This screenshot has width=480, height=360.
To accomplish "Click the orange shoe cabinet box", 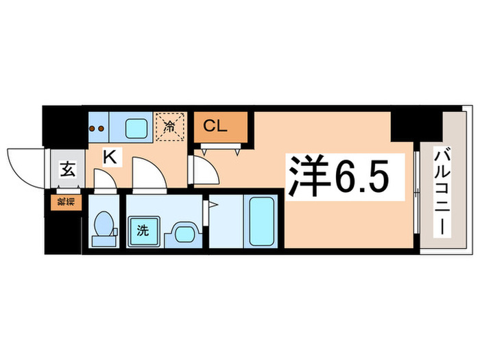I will click(x=60, y=202).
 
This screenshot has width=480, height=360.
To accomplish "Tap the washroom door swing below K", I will click(x=145, y=175).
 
